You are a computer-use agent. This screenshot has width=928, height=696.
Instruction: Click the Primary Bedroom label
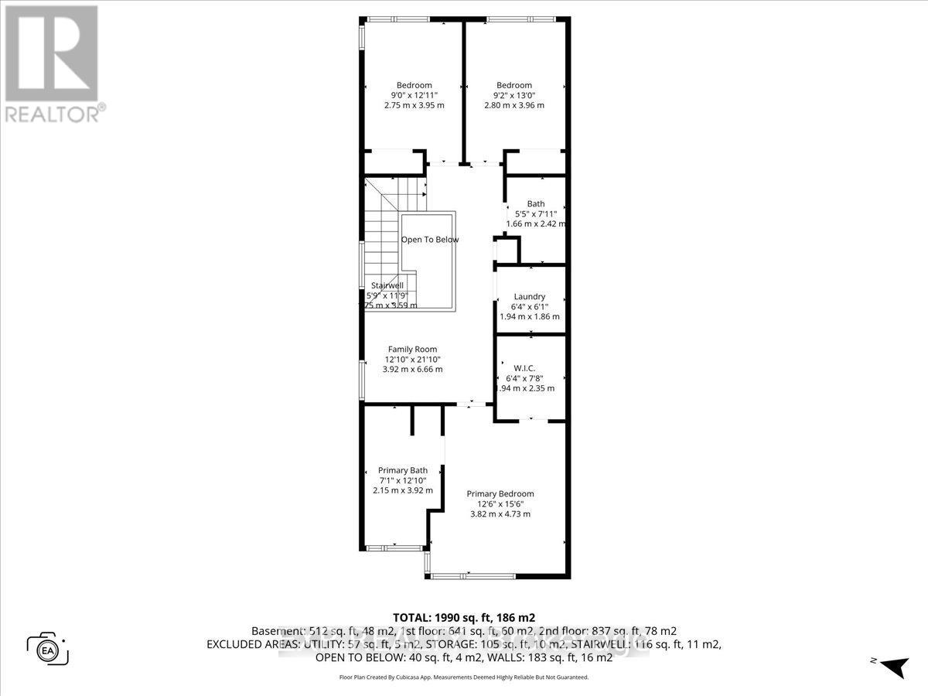pyautogui.click(x=500, y=493)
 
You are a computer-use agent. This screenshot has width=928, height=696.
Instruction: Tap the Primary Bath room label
pyautogui.click(x=402, y=470)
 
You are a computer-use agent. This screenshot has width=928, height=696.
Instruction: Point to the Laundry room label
pyautogui.click(x=530, y=296)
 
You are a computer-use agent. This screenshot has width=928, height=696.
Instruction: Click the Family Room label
pyautogui.click(x=412, y=349)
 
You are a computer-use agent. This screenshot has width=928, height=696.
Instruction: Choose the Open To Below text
pyautogui.click(x=429, y=240)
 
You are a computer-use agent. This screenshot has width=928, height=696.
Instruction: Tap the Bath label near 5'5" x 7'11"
pyautogui.click(x=536, y=204)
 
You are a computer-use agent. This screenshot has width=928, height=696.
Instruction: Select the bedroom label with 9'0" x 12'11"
pyautogui.click(x=414, y=85)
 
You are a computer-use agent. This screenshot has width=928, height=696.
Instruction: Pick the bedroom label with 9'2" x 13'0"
pyautogui.click(x=514, y=85)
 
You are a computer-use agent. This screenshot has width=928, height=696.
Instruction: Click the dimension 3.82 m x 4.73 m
pyautogui.click(x=500, y=514)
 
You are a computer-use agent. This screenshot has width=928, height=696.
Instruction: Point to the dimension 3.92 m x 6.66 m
pyautogui.click(x=412, y=370)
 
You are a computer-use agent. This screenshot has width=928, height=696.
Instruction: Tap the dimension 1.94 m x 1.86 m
pyautogui.click(x=530, y=316)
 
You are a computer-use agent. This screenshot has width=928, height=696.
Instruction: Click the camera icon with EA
pyautogui.click(x=48, y=648)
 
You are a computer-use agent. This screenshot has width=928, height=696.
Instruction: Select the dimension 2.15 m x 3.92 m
pyautogui.click(x=402, y=490)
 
